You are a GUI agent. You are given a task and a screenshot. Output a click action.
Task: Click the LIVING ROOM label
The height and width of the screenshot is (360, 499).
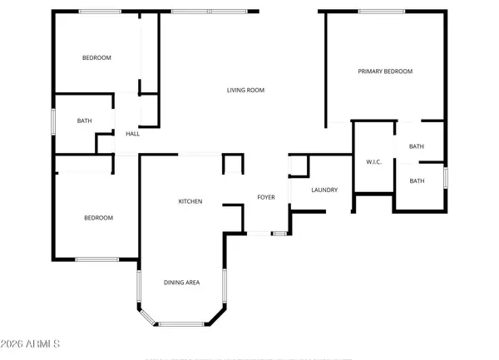(245, 90)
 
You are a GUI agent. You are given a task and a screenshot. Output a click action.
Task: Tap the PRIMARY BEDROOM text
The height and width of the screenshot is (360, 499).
(385, 72)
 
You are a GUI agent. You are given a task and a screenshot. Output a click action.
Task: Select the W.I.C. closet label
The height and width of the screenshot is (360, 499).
(373, 161)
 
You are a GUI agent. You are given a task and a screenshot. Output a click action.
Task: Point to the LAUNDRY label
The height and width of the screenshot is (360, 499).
(324, 190)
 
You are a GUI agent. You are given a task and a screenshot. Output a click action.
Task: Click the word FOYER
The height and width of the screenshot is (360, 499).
(265, 198)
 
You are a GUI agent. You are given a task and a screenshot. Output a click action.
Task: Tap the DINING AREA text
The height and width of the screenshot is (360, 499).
(180, 283)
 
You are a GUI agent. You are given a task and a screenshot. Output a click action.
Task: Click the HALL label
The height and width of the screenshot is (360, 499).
(132, 133)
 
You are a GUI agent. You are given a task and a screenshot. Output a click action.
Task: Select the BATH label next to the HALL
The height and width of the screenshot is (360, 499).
(84, 121)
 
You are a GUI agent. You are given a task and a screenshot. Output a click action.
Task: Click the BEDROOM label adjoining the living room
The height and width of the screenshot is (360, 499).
(96, 57)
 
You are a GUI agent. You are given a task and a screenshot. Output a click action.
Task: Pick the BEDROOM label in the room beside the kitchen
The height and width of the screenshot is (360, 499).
(98, 218)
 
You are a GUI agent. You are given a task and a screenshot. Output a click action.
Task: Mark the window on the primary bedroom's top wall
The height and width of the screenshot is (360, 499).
(382, 11)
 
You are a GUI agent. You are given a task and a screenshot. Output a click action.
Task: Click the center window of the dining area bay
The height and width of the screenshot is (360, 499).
(180, 323)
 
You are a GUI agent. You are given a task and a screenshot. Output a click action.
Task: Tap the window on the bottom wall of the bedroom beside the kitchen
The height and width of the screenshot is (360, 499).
(96, 260)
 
